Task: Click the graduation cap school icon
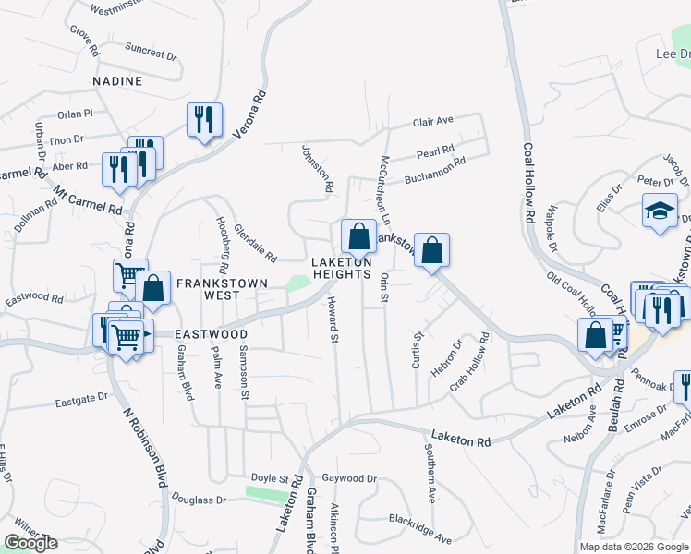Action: (x=660, y=210)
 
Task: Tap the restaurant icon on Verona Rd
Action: (x=202, y=120)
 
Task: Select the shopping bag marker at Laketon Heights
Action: (x=357, y=236)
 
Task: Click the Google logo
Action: (x=30, y=543)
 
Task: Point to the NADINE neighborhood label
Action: (x=117, y=81)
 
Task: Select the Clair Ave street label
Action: (x=433, y=121)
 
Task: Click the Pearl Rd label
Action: (x=435, y=150)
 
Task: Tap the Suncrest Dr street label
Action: (x=151, y=52)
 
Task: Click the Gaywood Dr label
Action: (x=351, y=478)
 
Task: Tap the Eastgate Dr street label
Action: (x=82, y=400)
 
